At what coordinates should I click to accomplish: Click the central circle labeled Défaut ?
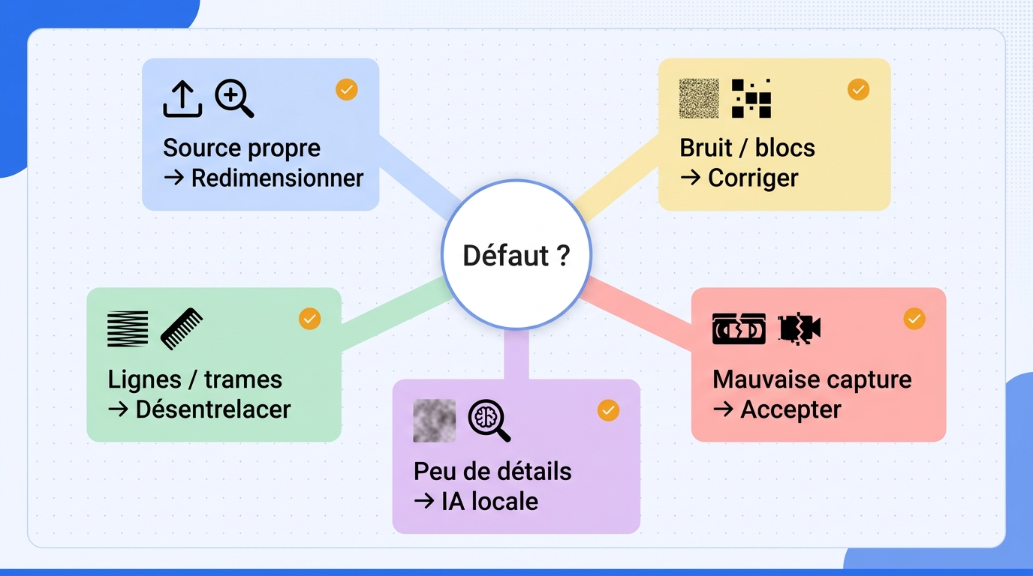(516, 254)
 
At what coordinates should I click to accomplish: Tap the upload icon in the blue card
(182, 99)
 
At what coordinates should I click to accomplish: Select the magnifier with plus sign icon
(234, 98)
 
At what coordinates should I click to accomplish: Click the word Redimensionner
(277, 178)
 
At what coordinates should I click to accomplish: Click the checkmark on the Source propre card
(346, 89)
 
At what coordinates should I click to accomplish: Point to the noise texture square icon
(699, 98)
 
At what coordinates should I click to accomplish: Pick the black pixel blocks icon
(751, 98)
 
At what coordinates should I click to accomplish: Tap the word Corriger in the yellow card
(753, 178)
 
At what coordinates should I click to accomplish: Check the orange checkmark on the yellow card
(858, 89)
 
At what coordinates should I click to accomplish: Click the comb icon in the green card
(181, 328)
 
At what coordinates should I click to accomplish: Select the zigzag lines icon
(128, 328)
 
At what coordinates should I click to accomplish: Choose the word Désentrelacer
(213, 409)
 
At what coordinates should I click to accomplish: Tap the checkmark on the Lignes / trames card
(309, 319)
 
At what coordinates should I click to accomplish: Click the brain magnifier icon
(489, 421)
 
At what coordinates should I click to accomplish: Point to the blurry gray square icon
(434, 421)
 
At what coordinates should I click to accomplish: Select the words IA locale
(489, 501)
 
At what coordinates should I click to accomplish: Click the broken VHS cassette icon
(739, 328)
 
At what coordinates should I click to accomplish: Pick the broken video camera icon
(800, 329)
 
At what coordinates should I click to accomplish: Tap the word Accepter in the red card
(791, 409)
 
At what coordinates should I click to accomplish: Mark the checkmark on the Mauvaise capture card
(914, 319)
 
